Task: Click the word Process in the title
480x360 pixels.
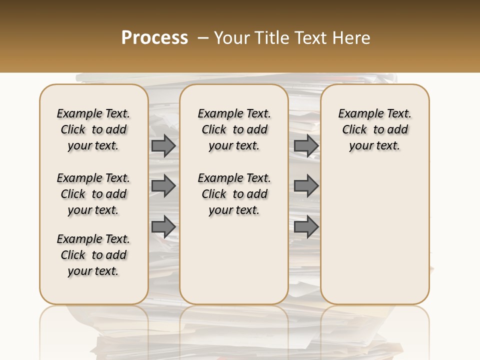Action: coord(154,38)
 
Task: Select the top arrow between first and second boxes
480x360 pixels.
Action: coord(163,146)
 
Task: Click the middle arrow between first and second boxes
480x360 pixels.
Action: coord(163,186)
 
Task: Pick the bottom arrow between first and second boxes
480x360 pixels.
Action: coord(163,227)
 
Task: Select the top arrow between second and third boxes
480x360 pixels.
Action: coord(306,146)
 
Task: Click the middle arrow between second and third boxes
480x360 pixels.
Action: coord(306,186)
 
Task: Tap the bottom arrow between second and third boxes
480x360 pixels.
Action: coord(306,227)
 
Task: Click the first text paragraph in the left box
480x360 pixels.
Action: coord(93,129)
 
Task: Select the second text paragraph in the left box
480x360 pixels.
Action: coord(93,194)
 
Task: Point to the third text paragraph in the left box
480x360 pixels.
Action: coord(93,255)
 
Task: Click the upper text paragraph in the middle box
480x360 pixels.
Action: coord(234,129)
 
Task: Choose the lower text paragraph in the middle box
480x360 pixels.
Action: coord(234,194)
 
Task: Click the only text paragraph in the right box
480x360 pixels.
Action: coord(375,129)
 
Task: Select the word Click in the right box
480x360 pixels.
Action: coord(354,130)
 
